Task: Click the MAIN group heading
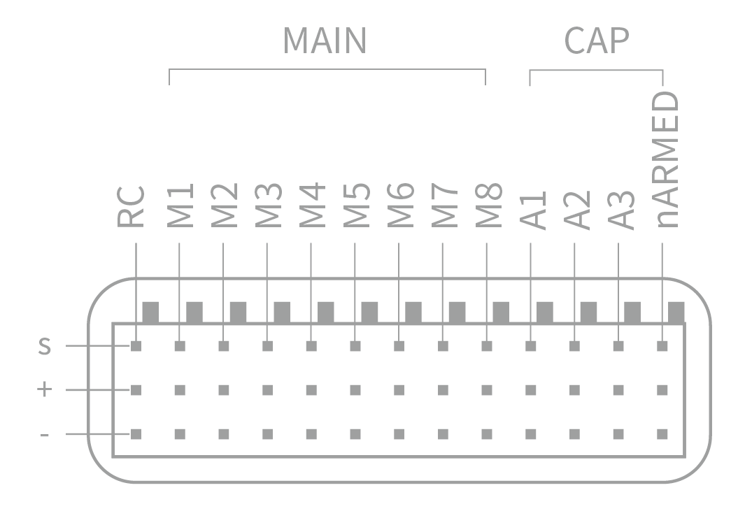click(x=324, y=42)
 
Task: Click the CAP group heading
click(x=596, y=42)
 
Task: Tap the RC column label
click(x=131, y=207)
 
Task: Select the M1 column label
click(x=180, y=207)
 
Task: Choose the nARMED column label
click(x=666, y=161)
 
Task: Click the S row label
click(x=45, y=346)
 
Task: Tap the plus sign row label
click(x=45, y=389)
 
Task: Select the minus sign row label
click(x=45, y=434)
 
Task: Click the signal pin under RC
click(x=136, y=346)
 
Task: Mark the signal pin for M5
click(x=355, y=346)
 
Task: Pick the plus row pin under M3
click(x=267, y=390)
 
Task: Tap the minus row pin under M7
click(x=443, y=434)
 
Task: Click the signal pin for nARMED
click(x=662, y=346)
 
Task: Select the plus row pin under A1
click(x=531, y=390)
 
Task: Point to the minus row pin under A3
click(x=618, y=434)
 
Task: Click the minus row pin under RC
click(x=136, y=434)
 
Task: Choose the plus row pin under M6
click(x=399, y=390)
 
